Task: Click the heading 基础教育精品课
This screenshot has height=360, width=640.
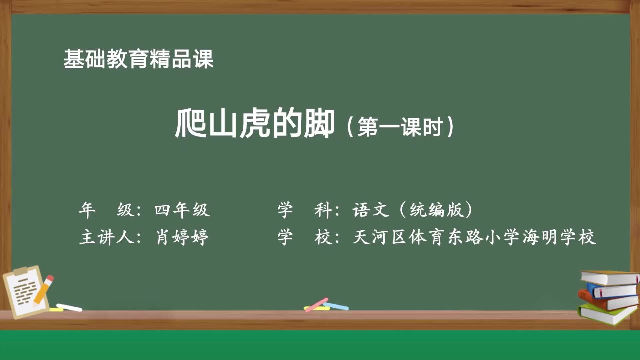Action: point(138,59)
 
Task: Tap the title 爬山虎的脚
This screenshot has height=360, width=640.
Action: point(254,124)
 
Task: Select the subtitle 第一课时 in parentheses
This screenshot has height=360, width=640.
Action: point(400,127)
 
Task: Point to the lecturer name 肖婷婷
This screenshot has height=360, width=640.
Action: point(182,237)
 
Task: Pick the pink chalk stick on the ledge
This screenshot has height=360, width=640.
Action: point(317,304)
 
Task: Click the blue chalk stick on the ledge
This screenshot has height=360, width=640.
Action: point(336,306)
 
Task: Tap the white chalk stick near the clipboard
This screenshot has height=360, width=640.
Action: point(69,308)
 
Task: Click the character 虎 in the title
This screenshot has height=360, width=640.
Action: point(254,124)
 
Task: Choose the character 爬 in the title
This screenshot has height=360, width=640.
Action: point(190,124)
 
